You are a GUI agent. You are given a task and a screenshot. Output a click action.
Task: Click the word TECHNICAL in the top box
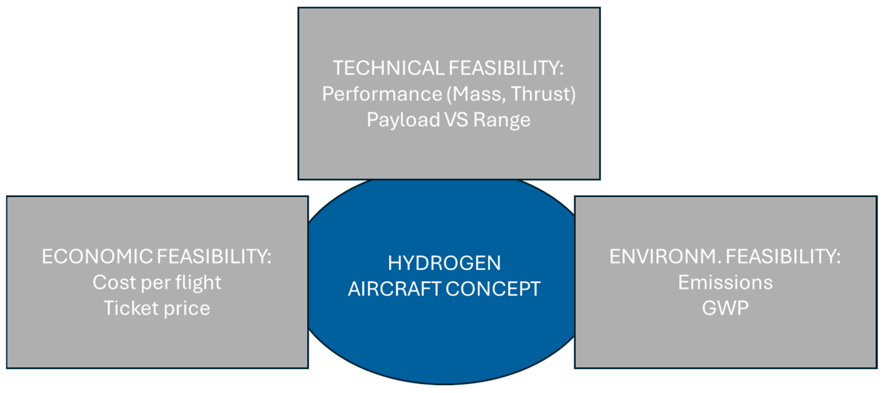point(389,68)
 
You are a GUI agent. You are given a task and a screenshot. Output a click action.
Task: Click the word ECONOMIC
point(97,256)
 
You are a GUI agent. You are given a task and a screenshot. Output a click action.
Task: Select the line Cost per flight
point(157,283)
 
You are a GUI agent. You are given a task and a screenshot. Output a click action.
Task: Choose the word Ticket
point(131,308)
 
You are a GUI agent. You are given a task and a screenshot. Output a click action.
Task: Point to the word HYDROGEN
point(444,263)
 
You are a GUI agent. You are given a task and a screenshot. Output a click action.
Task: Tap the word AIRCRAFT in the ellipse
point(394,289)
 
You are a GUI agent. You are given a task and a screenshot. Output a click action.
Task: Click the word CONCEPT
point(493,289)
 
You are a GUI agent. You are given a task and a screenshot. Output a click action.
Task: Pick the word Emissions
point(725,283)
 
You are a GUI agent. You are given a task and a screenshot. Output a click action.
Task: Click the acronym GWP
point(725,308)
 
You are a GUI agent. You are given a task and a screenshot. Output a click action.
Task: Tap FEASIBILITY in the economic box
point(214,256)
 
